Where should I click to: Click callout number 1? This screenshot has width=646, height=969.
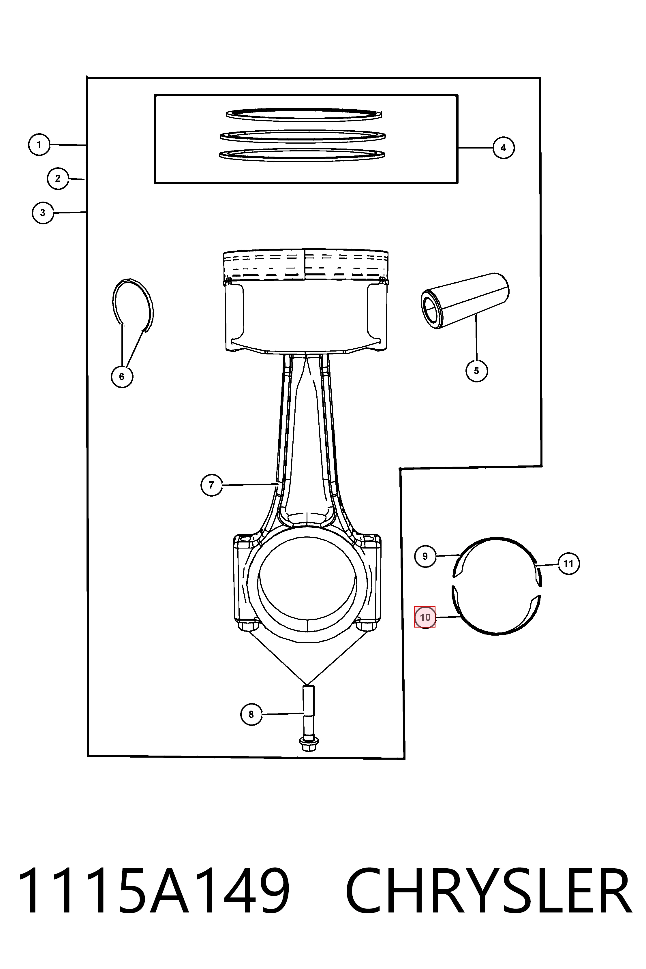(x=39, y=144)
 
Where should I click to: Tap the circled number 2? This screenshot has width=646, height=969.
(x=58, y=179)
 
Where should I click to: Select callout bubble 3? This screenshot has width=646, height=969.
(x=43, y=213)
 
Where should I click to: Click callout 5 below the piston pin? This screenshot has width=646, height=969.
(x=477, y=371)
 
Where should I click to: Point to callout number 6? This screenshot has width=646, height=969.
(x=122, y=377)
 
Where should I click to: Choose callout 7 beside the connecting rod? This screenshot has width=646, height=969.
(x=211, y=485)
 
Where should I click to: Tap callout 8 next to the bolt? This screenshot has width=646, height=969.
(x=251, y=714)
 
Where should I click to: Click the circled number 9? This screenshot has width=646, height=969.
(x=425, y=556)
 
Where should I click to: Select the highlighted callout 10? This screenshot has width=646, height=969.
(x=425, y=617)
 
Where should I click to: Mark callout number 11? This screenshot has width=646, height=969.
(x=568, y=563)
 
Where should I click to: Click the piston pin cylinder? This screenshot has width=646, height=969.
(x=465, y=301)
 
